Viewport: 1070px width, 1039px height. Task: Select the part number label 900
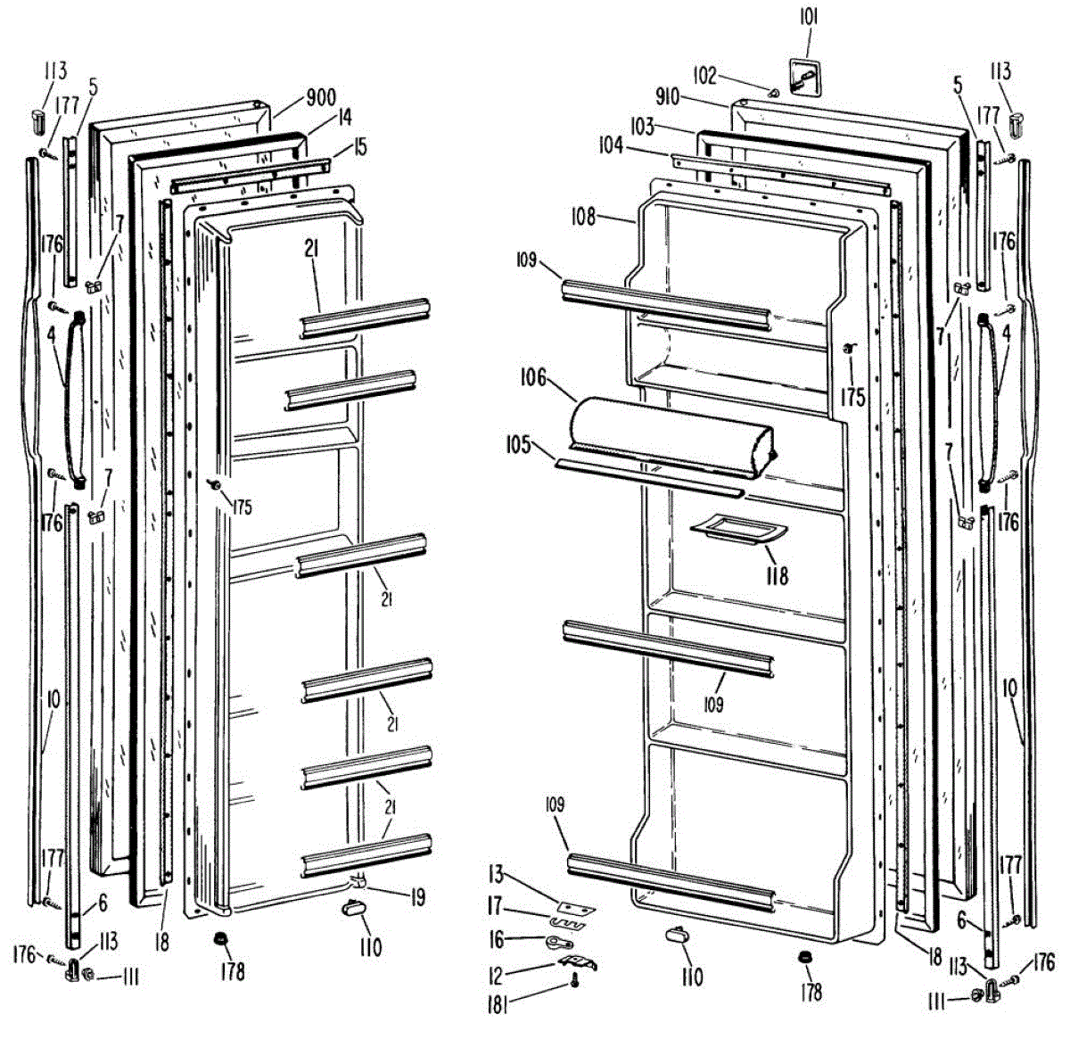[321, 97]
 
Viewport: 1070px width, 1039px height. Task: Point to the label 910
[667, 96]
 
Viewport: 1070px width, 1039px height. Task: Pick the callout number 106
[533, 378]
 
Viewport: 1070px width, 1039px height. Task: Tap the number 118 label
[777, 576]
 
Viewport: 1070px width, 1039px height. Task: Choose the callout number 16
[496, 940]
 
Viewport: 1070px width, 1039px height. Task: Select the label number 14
[344, 118]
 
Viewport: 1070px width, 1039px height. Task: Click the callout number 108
[585, 216]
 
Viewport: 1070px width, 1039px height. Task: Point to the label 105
[517, 444]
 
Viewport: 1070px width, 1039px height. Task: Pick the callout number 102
[704, 77]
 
